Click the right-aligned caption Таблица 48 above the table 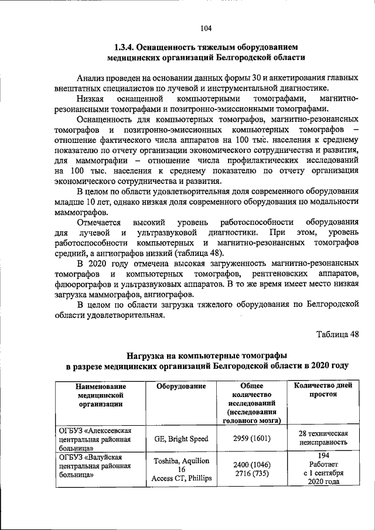pyautogui.click(x=337, y=334)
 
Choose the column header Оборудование pyautogui.click(x=181, y=387)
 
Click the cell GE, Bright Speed pyautogui.click(x=181, y=438)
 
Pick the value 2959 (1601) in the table pyautogui.click(x=247, y=438)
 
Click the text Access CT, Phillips pyautogui.click(x=181, y=478)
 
